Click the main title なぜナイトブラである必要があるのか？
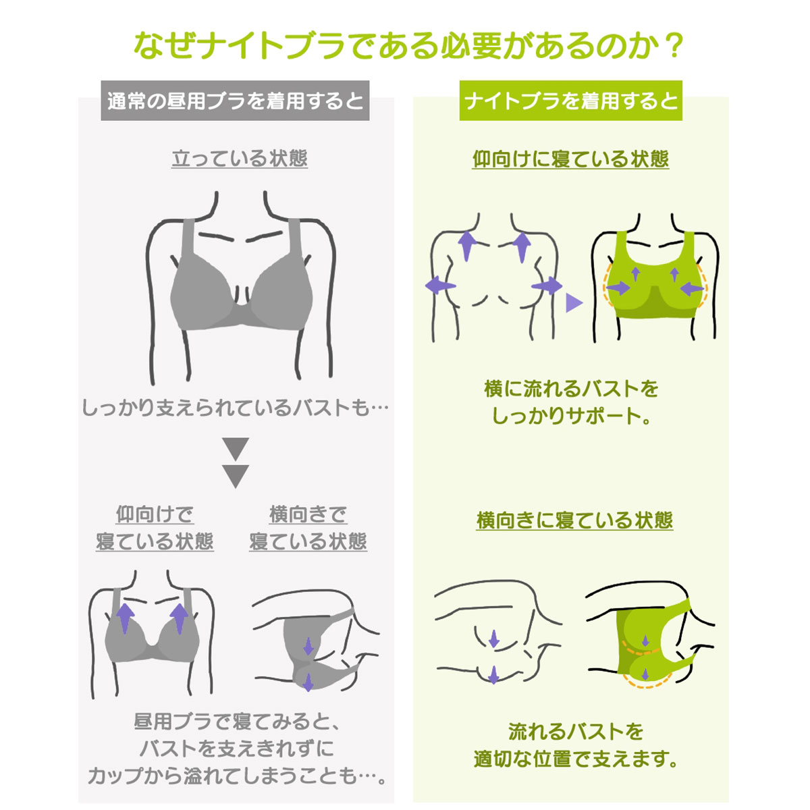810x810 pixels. pos(407,46)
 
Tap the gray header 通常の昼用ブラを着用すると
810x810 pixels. pos(235,101)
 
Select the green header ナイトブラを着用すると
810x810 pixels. pos(570,101)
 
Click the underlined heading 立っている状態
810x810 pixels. pos(240,159)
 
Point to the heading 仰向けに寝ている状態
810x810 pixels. pos(570,159)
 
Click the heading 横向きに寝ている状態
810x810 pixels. pos(574,520)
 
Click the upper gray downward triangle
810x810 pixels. pos(236,449)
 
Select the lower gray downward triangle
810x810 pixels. pos(236,477)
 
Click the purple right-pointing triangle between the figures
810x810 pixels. pos(573,302)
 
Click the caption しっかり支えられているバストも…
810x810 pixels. pos(235,408)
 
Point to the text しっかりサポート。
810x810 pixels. pos(571,416)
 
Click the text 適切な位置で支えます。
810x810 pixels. pos(575,759)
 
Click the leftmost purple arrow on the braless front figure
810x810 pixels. pos(440,286)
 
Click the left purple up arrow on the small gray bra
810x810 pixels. pos(126,618)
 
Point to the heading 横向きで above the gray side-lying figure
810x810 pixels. pos(308,514)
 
